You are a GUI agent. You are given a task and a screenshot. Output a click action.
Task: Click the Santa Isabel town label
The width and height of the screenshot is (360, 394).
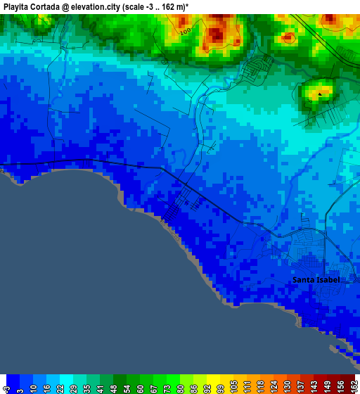pyautogui.click(x=316, y=279)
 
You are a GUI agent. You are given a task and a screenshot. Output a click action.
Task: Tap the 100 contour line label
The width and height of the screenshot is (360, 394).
pyautogui.click(x=185, y=32)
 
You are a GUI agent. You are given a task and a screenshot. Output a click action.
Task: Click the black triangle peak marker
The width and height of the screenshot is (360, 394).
pyautogui.click(x=320, y=93)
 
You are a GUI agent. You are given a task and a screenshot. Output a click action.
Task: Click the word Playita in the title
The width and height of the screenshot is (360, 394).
pyautogui.click(x=18, y=6)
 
